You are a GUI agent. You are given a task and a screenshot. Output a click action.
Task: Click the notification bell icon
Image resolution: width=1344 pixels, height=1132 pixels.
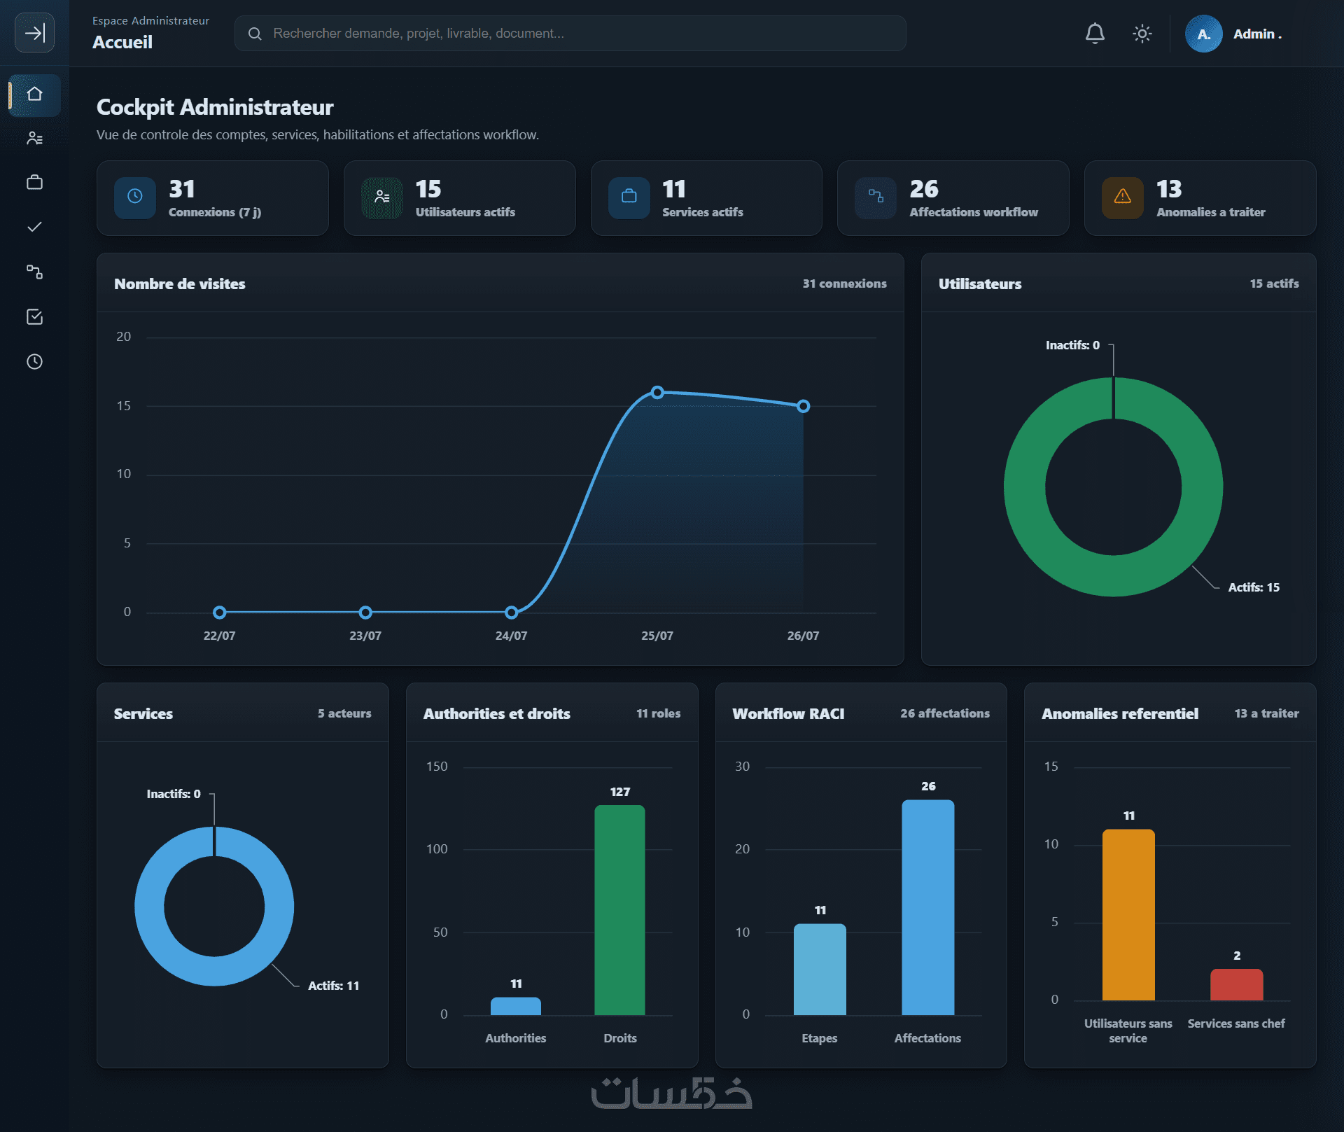(1095, 33)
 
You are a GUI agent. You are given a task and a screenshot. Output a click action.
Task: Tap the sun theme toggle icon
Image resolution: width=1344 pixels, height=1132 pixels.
(1142, 33)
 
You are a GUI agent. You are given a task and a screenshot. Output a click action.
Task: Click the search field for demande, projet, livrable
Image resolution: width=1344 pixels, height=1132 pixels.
(570, 33)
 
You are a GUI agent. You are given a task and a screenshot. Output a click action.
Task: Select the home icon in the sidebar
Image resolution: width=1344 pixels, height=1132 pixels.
(34, 94)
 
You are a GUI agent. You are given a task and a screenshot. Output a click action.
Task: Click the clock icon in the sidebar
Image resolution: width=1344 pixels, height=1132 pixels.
(34, 361)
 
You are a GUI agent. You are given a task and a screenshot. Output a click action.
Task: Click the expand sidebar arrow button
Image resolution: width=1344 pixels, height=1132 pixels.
(34, 32)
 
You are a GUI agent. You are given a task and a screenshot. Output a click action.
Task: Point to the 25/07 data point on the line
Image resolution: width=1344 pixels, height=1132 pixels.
(657, 392)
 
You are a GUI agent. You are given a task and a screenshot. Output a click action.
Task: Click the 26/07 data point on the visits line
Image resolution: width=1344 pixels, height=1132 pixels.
(804, 406)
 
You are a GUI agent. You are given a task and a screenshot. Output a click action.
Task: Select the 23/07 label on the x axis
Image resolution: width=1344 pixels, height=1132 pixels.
(365, 636)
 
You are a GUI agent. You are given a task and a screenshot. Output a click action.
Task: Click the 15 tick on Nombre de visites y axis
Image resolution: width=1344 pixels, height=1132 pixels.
(124, 406)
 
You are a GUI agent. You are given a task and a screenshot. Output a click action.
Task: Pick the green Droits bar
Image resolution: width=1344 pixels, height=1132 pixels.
(619, 909)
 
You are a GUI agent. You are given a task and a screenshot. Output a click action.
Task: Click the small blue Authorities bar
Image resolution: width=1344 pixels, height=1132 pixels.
(516, 1006)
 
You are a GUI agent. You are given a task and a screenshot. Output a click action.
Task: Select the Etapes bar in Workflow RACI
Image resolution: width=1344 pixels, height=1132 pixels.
(820, 969)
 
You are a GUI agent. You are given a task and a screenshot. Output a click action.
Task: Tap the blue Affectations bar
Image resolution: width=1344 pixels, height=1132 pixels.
(928, 907)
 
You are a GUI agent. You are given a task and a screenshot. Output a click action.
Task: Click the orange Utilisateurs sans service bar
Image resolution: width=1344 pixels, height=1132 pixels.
(1128, 914)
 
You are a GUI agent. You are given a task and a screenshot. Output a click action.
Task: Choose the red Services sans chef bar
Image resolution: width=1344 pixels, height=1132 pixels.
(1237, 984)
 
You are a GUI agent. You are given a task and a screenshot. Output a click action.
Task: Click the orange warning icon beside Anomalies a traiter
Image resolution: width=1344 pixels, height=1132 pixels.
(1122, 197)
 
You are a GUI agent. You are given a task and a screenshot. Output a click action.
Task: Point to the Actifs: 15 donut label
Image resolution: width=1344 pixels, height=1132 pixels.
(1254, 587)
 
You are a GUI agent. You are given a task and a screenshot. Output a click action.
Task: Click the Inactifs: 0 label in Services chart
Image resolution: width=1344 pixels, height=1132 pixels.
(174, 794)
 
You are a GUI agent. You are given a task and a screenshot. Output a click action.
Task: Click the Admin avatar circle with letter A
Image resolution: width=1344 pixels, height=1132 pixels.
(1203, 34)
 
